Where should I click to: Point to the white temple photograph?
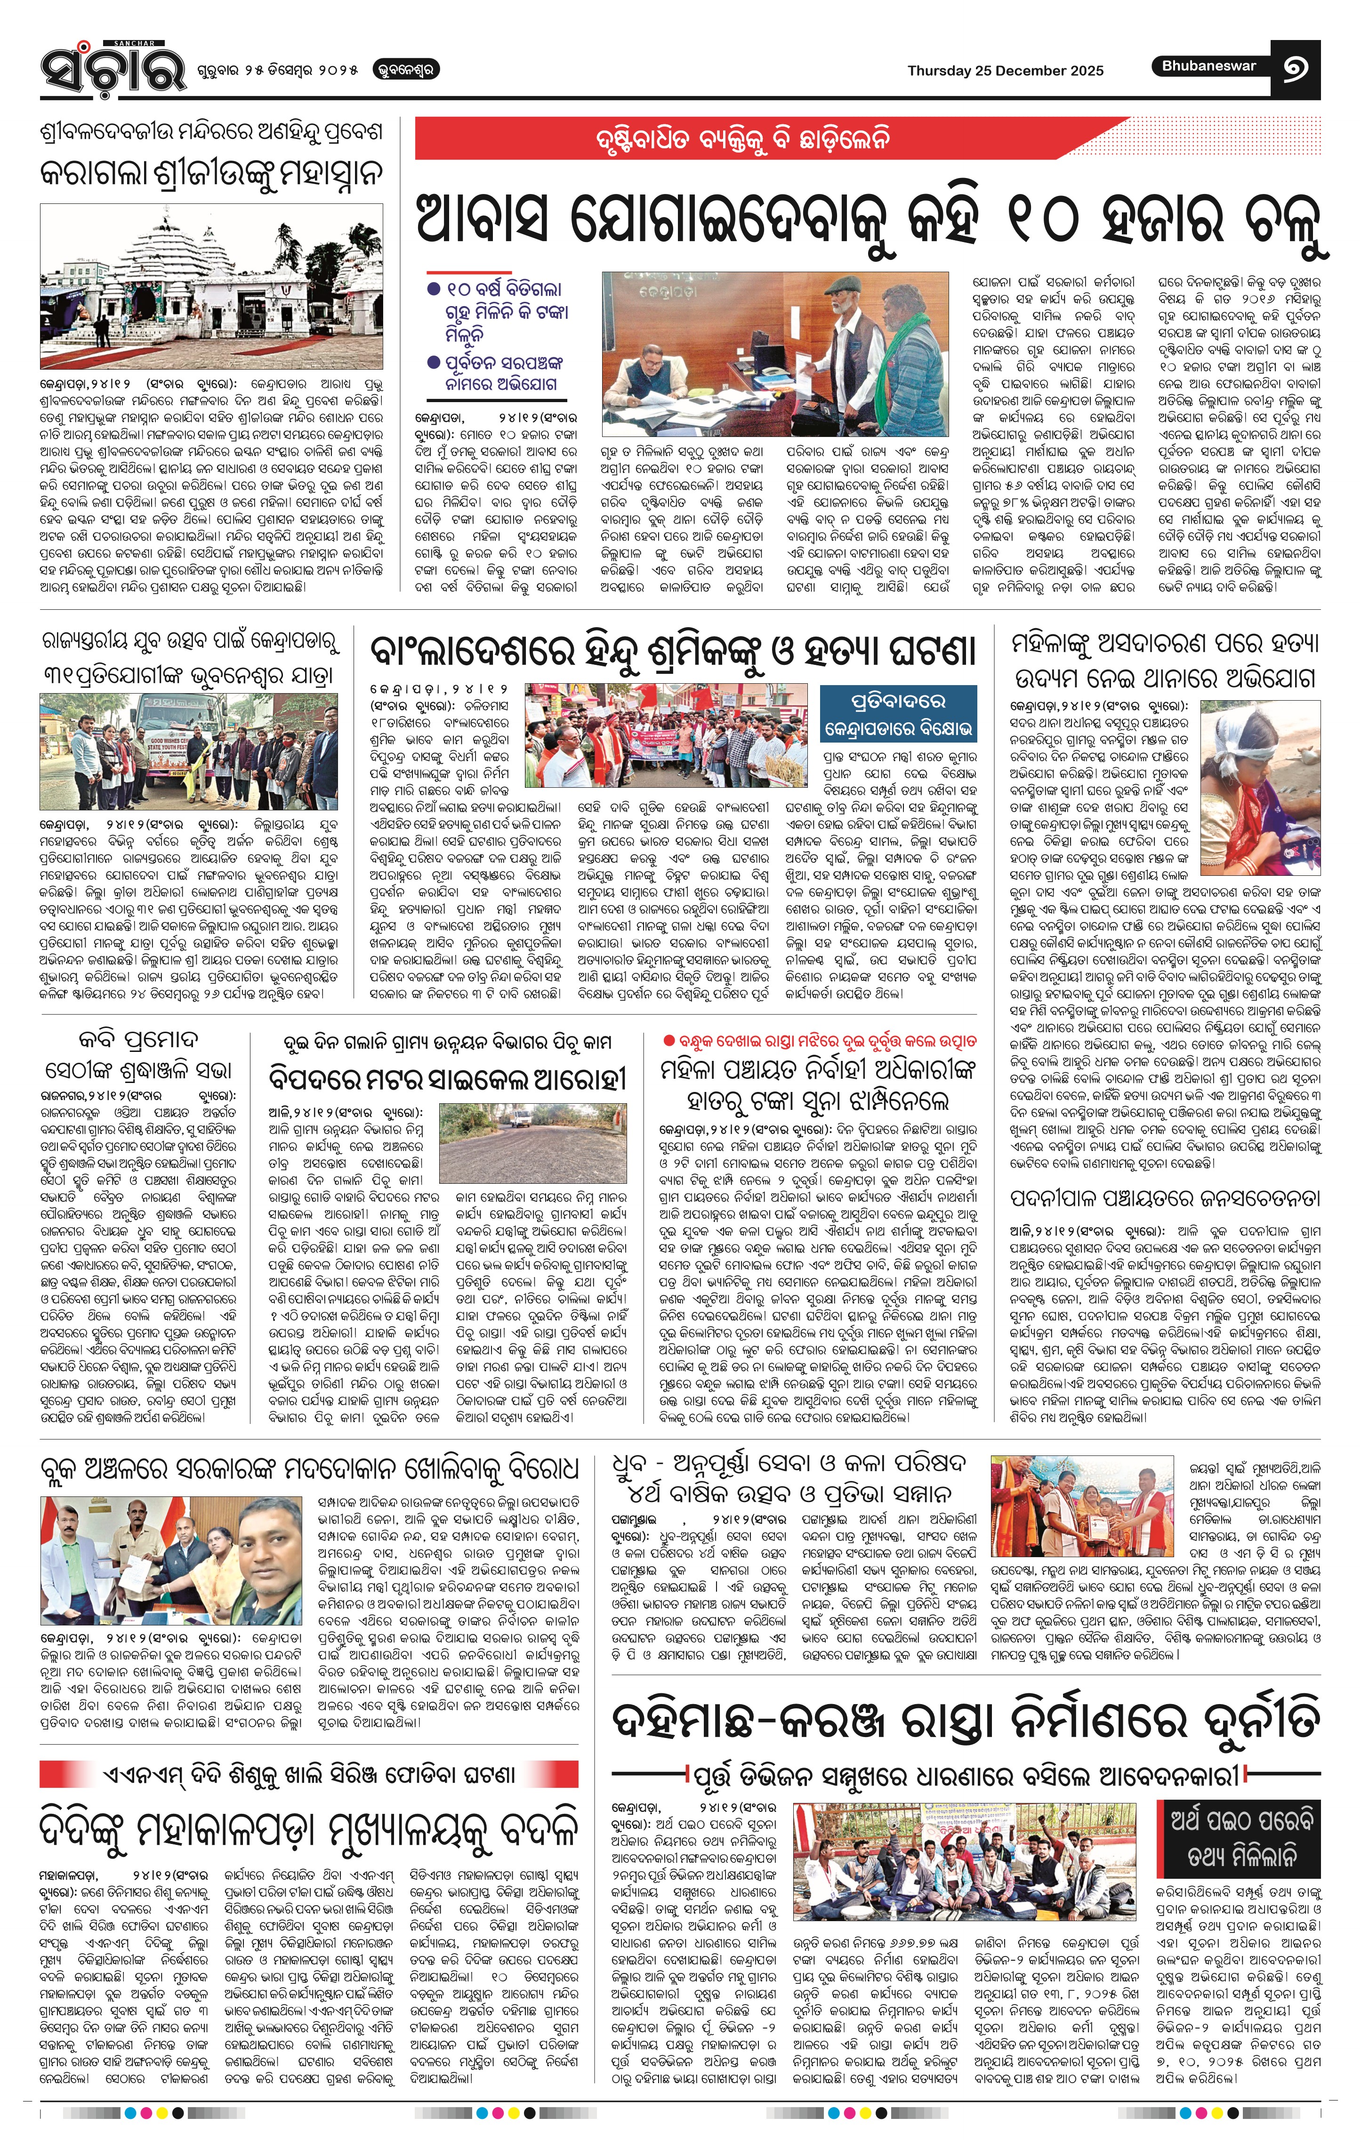[212, 285]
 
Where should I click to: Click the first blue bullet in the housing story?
[433, 289]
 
